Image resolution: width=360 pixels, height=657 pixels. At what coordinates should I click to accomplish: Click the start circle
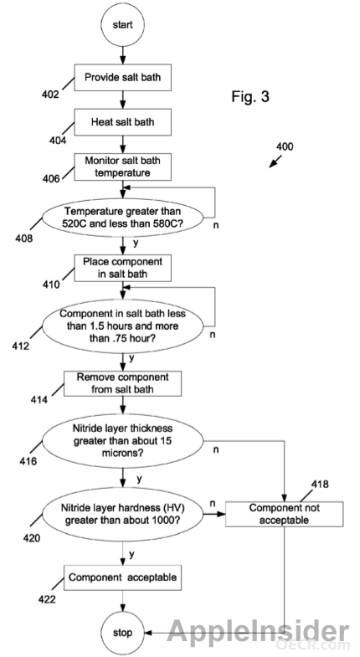point(123,25)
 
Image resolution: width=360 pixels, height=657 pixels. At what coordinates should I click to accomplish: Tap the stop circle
point(122,633)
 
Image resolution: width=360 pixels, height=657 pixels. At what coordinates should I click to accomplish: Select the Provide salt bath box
point(123,78)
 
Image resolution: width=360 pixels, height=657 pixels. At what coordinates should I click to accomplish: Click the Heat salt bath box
point(123,122)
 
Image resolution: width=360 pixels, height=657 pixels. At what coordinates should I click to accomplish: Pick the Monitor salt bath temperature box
point(123,167)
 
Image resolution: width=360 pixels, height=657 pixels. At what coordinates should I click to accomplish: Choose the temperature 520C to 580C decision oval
point(122,218)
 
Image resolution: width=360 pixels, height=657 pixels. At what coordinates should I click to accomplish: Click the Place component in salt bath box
point(123,268)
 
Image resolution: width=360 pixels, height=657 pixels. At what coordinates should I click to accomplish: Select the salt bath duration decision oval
point(122,326)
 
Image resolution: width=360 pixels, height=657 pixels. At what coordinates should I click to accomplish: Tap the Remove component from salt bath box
point(122,383)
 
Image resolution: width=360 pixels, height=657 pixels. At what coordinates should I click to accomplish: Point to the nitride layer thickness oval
point(122,441)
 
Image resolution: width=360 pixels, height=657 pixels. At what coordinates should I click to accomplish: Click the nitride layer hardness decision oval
point(122,514)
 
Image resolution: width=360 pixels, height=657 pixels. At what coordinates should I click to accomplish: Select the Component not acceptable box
point(284,514)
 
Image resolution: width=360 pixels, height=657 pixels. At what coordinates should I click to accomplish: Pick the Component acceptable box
point(122,577)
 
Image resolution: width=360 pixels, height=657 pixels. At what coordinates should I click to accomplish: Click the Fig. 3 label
point(250,97)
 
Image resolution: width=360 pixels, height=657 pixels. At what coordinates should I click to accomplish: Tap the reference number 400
point(285,146)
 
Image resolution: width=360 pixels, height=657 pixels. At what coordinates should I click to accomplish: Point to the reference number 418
point(320,484)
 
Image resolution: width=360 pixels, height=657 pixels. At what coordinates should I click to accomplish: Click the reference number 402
point(50,95)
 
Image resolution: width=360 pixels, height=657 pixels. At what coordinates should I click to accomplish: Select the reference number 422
point(47,599)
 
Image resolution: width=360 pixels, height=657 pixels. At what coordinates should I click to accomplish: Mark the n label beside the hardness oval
point(212,503)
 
